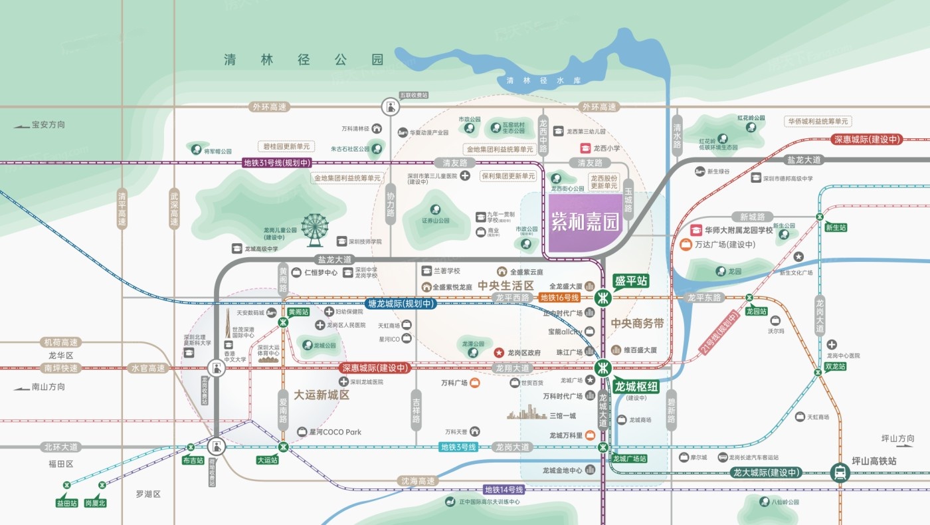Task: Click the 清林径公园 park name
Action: (304, 60)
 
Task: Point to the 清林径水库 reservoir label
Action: (543, 80)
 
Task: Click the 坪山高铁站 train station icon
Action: (840, 472)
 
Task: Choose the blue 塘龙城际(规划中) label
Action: (401, 304)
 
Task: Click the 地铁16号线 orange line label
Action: (560, 298)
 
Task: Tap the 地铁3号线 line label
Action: (458, 447)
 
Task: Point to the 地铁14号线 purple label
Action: (504, 490)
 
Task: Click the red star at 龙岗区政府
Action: (498, 352)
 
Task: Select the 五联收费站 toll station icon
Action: (391, 106)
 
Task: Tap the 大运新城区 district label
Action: (313, 395)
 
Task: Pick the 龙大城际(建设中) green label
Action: (765, 472)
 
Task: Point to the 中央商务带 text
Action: (637, 324)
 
